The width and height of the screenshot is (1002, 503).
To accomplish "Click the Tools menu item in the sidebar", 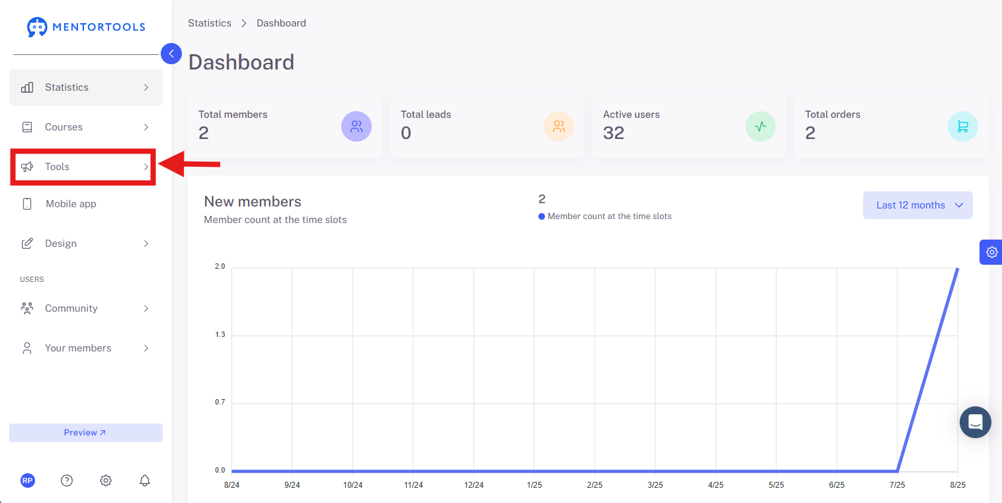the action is pyautogui.click(x=83, y=167).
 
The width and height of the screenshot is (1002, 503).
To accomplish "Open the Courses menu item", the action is pyautogui.click(x=85, y=127).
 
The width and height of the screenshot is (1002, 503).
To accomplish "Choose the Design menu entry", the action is pyautogui.click(x=85, y=244).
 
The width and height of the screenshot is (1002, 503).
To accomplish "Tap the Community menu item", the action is pyautogui.click(x=85, y=308).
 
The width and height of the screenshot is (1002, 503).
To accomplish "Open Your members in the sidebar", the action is pyautogui.click(x=85, y=348).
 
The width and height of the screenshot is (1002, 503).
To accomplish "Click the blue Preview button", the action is pyautogui.click(x=85, y=433).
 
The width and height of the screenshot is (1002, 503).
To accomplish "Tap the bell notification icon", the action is pyautogui.click(x=144, y=480).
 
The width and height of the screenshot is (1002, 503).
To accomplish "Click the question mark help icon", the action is pyautogui.click(x=67, y=480).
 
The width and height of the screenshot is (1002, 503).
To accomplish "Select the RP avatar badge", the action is pyautogui.click(x=28, y=480).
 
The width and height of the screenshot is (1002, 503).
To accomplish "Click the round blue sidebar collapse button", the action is pyautogui.click(x=171, y=54).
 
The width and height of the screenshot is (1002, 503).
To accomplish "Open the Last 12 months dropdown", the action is pyautogui.click(x=917, y=205).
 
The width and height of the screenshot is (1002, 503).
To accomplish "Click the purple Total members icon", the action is pyautogui.click(x=356, y=126).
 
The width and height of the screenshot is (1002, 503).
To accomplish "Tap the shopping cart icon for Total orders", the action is pyautogui.click(x=962, y=126).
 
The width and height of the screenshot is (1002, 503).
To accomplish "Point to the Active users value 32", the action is pyautogui.click(x=613, y=133).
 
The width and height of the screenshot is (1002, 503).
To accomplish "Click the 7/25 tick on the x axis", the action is pyautogui.click(x=897, y=485).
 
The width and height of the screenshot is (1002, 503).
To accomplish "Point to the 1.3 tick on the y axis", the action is pyautogui.click(x=220, y=335).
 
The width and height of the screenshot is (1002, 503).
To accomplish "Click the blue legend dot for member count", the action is pyautogui.click(x=541, y=216).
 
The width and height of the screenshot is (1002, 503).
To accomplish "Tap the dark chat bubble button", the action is pyautogui.click(x=975, y=422).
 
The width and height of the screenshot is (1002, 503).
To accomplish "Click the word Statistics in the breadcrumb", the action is pyautogui.click(x=210, y=23).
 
